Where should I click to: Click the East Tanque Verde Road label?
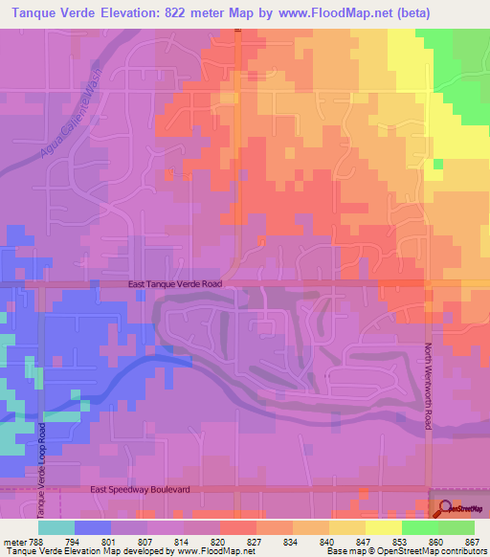click(x=175, y=284)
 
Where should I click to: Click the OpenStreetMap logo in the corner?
click(x=458, y=508)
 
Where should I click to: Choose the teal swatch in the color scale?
click(x=56, y=527)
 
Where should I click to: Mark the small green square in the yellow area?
click(x=438, y=165)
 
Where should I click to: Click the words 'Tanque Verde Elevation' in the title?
click(x=78, y=12)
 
